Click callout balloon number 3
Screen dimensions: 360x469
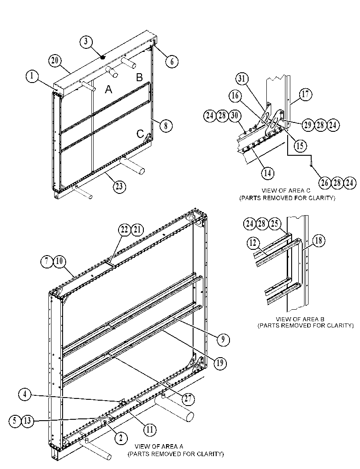point(86,41)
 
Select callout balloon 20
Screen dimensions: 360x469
point(55,61)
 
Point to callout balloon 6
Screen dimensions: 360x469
point(172,62)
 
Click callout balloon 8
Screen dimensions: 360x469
point(166,125)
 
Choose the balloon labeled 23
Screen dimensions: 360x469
point(119,187)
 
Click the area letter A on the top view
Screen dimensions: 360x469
point(108,89)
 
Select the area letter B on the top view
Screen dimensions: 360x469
point(139,77)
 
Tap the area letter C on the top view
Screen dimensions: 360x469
point(140,134)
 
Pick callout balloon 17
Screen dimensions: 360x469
point(305,95)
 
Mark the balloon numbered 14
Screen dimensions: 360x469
point(268,173)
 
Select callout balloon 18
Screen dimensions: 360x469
point(319,241)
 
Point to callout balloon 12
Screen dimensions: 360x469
point(253,243)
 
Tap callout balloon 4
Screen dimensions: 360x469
point(24,394)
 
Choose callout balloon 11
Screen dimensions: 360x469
point(150,430)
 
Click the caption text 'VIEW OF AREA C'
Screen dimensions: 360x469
point(286,190)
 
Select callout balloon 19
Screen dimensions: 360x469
point(220,363)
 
